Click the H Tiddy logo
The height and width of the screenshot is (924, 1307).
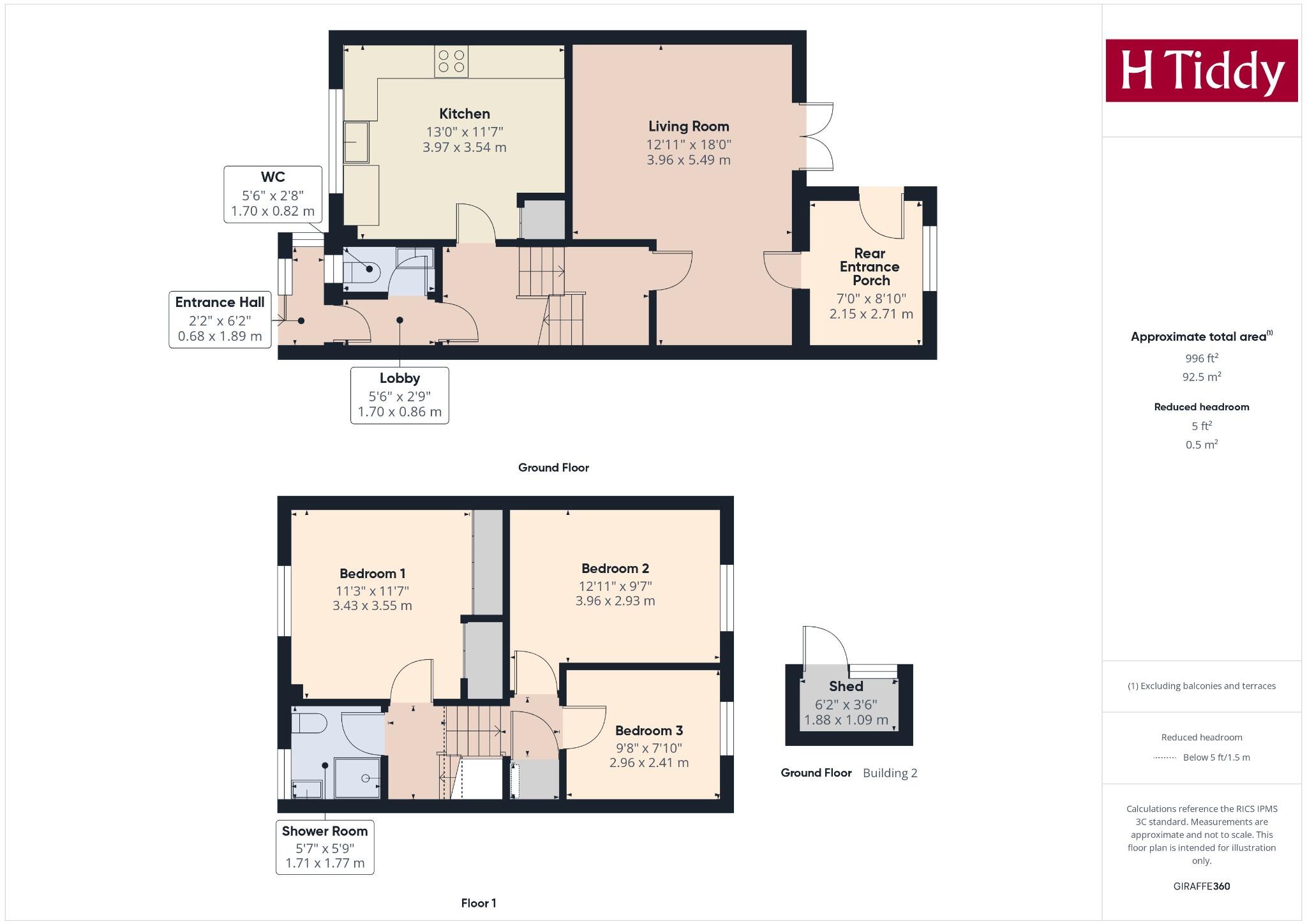[1201, 70]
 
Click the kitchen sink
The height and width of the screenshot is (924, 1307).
[356, 142]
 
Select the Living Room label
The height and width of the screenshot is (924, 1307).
[689, 126]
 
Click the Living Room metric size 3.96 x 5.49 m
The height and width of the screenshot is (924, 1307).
[689, 160]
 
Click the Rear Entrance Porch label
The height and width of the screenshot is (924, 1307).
[869, 267]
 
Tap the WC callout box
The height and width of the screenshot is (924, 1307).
[273, 194]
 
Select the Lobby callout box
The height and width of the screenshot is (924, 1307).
[400, 395]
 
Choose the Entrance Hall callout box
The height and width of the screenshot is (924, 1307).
[220, 319]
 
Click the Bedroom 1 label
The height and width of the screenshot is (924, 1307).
[372, 574]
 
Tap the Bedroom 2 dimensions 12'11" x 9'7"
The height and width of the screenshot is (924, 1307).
[615, 586]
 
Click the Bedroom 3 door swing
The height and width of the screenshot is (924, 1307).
[582, 727]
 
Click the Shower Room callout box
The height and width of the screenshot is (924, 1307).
[325, 847]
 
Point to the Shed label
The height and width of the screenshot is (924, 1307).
[846, 687]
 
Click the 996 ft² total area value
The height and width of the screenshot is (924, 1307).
[1202, 359]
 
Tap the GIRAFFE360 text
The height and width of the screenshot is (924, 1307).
[1201, 886]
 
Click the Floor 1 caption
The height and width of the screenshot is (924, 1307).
[479, 903]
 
